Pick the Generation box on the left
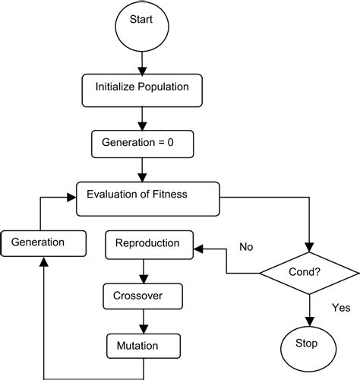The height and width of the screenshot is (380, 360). click(x=43, y=242)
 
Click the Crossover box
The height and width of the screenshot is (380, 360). click(x=143, y=294)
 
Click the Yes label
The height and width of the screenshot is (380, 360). click(x=339, y=307)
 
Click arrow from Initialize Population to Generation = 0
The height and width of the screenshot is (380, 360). click(x=141, y=118)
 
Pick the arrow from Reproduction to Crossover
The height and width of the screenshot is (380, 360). click(x=143, y=269)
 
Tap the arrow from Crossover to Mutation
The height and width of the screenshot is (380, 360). click(x=143, y=320)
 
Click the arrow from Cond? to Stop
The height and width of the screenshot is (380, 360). click(x=311, y=308)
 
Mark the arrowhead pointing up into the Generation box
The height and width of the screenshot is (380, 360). click(x=43, y=261)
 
